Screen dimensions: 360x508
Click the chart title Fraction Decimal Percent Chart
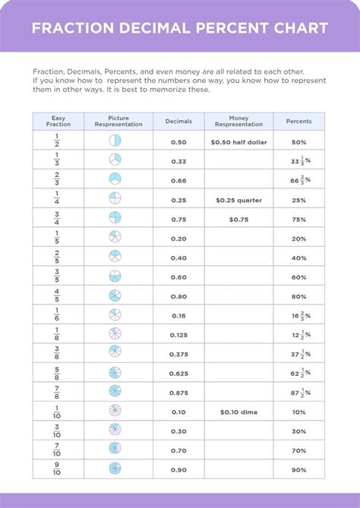pos(180,28)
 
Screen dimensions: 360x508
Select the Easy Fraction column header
pos(57,121)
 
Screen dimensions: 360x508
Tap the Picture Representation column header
pos(118,121)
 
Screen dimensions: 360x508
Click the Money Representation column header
pos(239,121)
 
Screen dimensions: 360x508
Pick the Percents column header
pos(298,121)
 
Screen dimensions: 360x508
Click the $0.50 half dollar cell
pos(239,141)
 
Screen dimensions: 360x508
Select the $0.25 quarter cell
pos(239,200)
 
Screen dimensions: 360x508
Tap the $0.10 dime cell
pos(239,412)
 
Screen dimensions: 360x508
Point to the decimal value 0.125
pos(179,334)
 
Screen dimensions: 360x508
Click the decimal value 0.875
pos(179,392)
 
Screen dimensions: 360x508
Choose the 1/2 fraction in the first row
pos(57,141)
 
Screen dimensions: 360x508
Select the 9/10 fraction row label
pos(57,469)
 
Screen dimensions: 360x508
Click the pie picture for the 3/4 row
pos(115,219)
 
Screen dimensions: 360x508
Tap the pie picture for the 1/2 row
pos(115,141)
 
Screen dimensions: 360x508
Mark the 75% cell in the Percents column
pos(298,219)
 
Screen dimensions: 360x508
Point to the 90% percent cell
pos(298,469)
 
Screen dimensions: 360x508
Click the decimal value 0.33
pos(179,161)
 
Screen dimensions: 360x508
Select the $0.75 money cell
pos(239,219)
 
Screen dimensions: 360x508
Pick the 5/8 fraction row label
pos(57,373)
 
